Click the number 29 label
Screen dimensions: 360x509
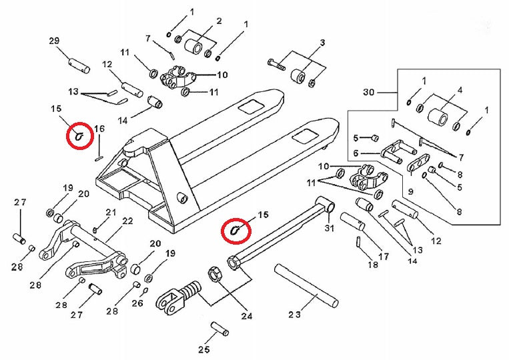(x=55, y=41)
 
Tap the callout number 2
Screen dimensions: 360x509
(x=218, y=23)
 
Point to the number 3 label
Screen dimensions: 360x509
(x=322, y=43)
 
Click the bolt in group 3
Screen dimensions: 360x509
(x=277, y=65)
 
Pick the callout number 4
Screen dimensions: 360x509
(x=460, y=90)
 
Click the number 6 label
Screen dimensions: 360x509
(x=356, y=153)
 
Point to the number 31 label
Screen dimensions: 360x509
(x=328, y=229)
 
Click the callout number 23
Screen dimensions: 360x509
(x=295, y=314)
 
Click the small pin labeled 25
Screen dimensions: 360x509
(x=219, y=329)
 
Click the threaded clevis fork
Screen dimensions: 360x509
(x=179, y=296)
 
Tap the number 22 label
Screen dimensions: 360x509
(x=127, y=221)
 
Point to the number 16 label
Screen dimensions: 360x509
(x=99, y=129)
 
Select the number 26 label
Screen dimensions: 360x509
(x=137, y=303)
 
